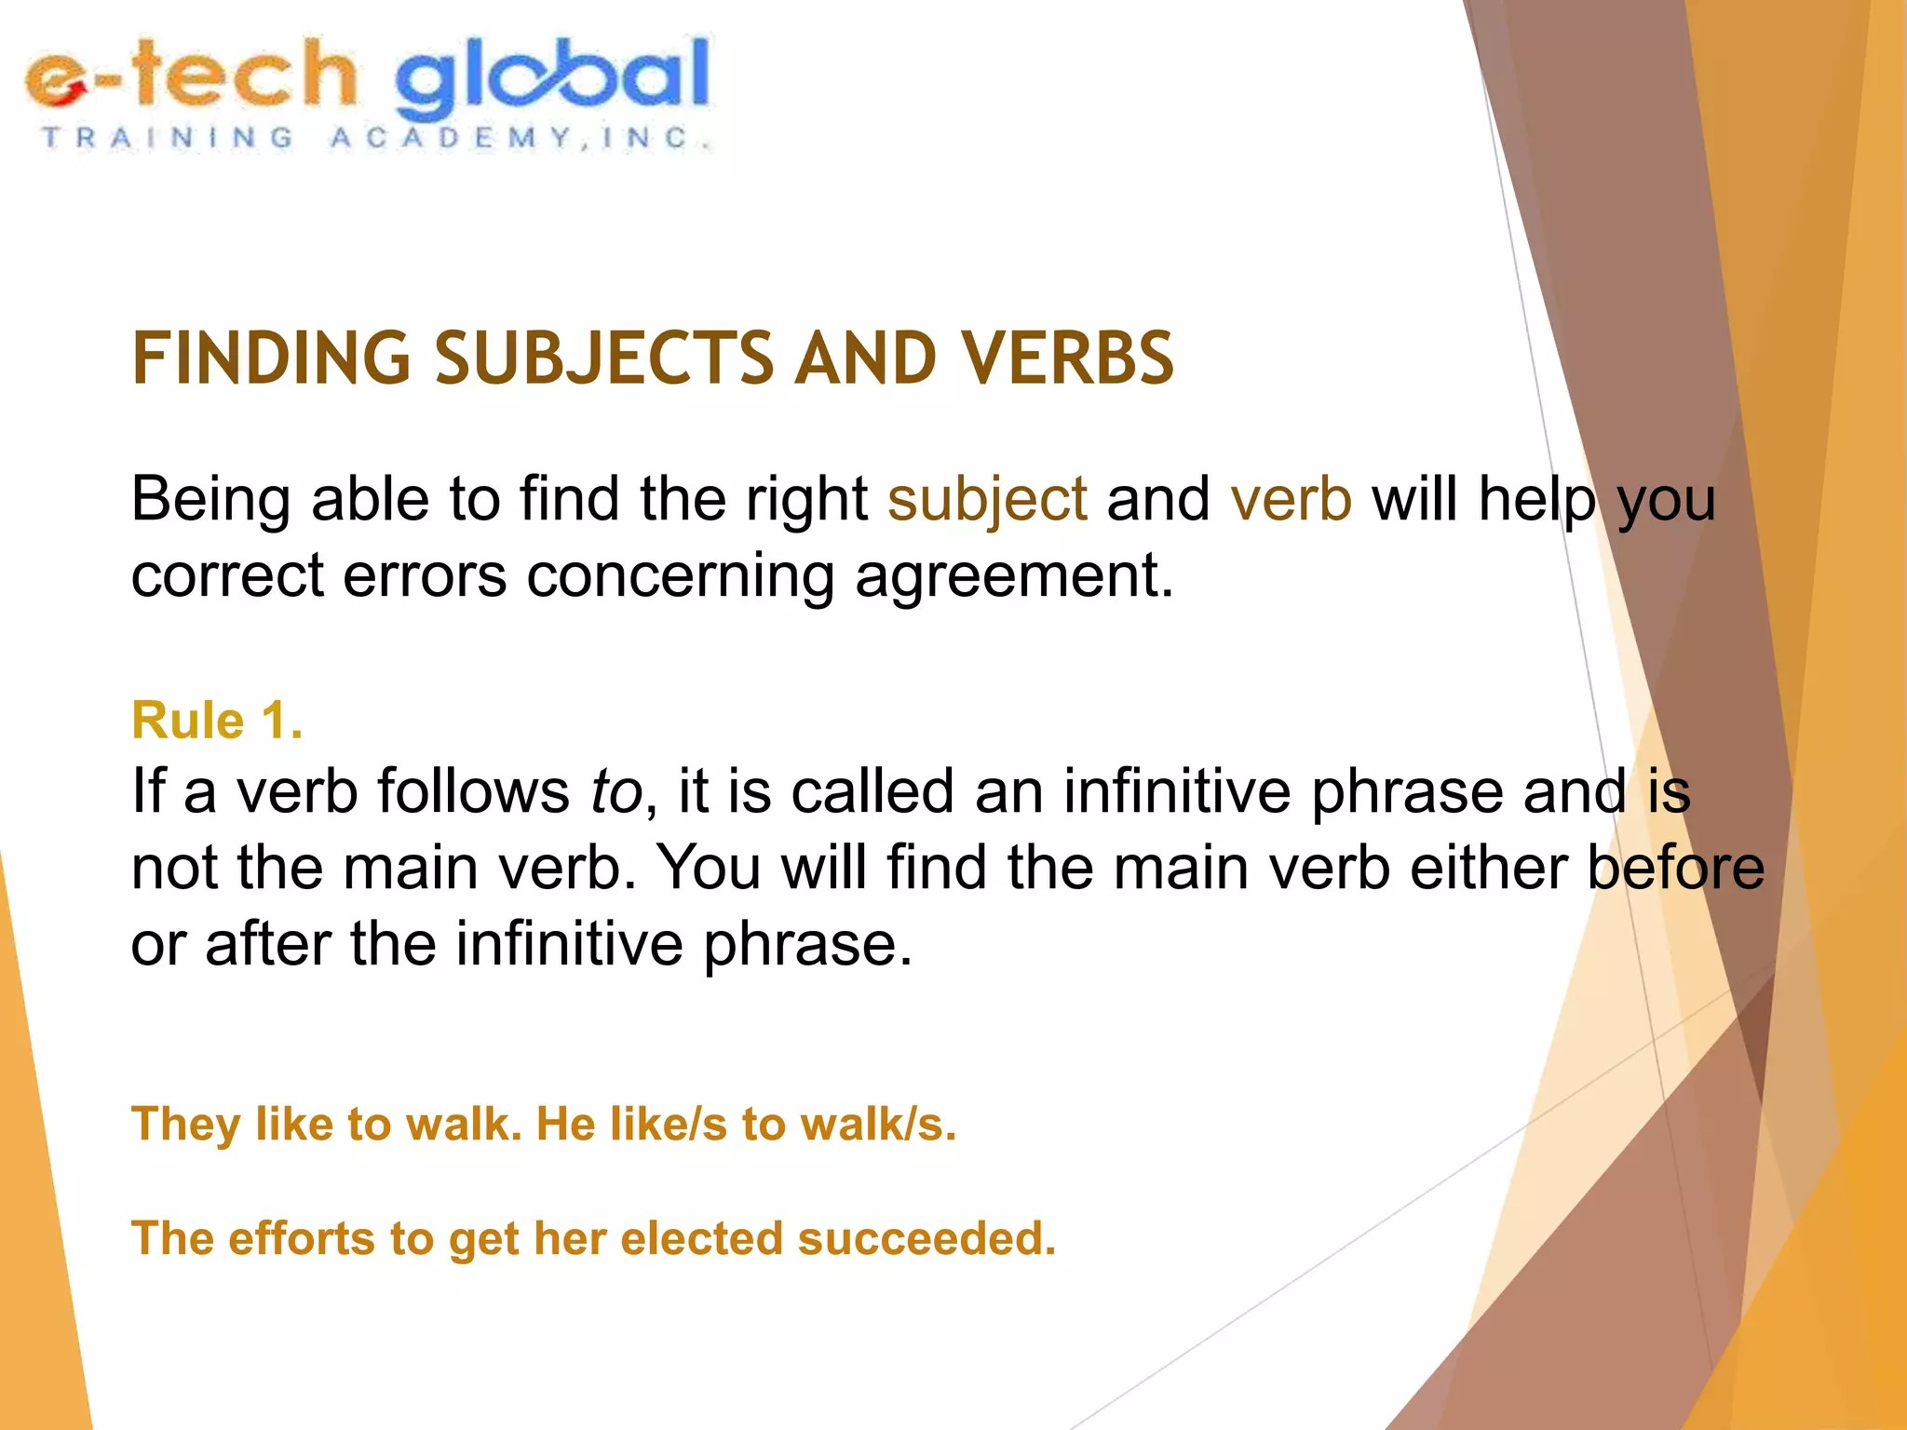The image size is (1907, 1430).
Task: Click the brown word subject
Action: click(x=987, y=500)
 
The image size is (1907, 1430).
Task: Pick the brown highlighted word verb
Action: click(x=1291, y=500)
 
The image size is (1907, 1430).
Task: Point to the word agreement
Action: click(x=1014, y=575)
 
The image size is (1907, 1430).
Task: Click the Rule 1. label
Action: click(x=217, y=721)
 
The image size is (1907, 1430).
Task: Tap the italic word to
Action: click(x=616, y=792)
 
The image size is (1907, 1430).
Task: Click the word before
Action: click(x=1675, y=868)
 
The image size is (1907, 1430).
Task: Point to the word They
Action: click(x=186, y=1124)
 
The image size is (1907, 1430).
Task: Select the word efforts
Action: click(x=302, y=1239)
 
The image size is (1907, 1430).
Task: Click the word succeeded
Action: click(x=926, y=1239)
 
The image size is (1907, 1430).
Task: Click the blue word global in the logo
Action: click(x=551, y=78)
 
